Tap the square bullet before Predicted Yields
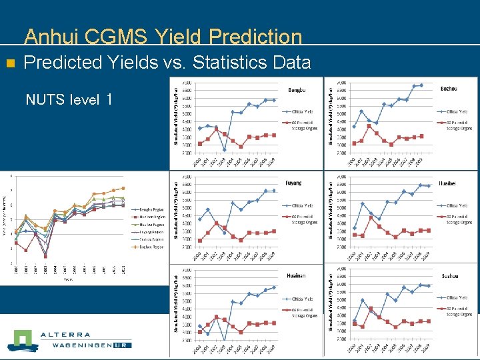9,64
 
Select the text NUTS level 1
68,100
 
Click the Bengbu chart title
296,89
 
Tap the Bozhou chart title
449,89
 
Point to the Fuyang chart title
293,183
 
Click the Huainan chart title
294,274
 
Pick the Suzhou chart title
449,275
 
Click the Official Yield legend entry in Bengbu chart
299,111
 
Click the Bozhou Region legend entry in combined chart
153,247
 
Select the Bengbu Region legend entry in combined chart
153,209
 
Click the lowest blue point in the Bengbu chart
225,149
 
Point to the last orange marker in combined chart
123,188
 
